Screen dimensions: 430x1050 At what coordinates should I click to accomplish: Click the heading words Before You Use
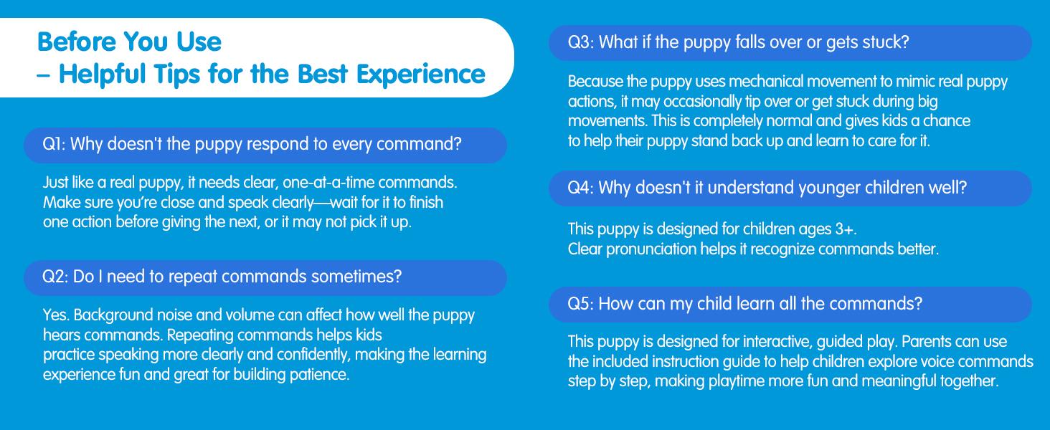coord(129,42)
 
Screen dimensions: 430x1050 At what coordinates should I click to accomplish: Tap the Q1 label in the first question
coord(54,144)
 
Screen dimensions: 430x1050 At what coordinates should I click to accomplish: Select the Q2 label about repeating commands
coord(55,277)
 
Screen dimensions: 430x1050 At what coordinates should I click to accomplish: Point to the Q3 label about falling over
coord(580,42)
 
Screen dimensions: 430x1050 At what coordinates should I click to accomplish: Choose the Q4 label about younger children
coord(580,188)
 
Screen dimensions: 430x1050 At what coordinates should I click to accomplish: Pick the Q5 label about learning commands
coord(580,303)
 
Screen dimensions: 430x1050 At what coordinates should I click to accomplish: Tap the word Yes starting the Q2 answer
coord(55,315)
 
